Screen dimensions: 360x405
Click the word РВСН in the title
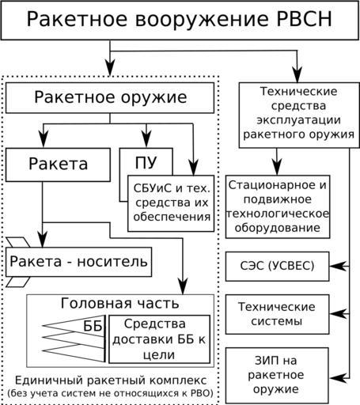click(x=304, y=19)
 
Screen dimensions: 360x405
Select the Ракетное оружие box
click(x=110, y=98)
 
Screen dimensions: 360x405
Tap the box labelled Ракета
click(x=58, y=165)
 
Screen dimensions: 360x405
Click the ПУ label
click(x=146, y=162)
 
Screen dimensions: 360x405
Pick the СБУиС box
click(x=171, y=203)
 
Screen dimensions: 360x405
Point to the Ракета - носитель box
click(x=78, y=262)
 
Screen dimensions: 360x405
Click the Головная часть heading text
click(x=120, y=303)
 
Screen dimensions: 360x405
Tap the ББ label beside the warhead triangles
click(x=93, y=326)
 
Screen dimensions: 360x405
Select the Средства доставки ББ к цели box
click(x=160, y=339)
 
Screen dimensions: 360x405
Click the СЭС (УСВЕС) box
click(x=277, y=267)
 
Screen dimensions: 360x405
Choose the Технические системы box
click(x=277, y=314)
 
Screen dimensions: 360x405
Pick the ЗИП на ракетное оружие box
click(x=277, y=375)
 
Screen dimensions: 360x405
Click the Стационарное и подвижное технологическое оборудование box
click(x=278, y=206)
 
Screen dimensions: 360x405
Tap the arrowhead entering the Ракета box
click(x=44, y=139)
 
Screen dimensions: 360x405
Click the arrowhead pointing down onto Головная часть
click(x=183, y=286)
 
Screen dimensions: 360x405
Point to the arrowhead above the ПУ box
click(x=146, y=139)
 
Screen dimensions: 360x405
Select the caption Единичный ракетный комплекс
click(x=111, y=380)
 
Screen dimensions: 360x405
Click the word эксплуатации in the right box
click(x=298, y=120)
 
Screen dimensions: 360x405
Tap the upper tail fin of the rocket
click(x=18, y=242)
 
